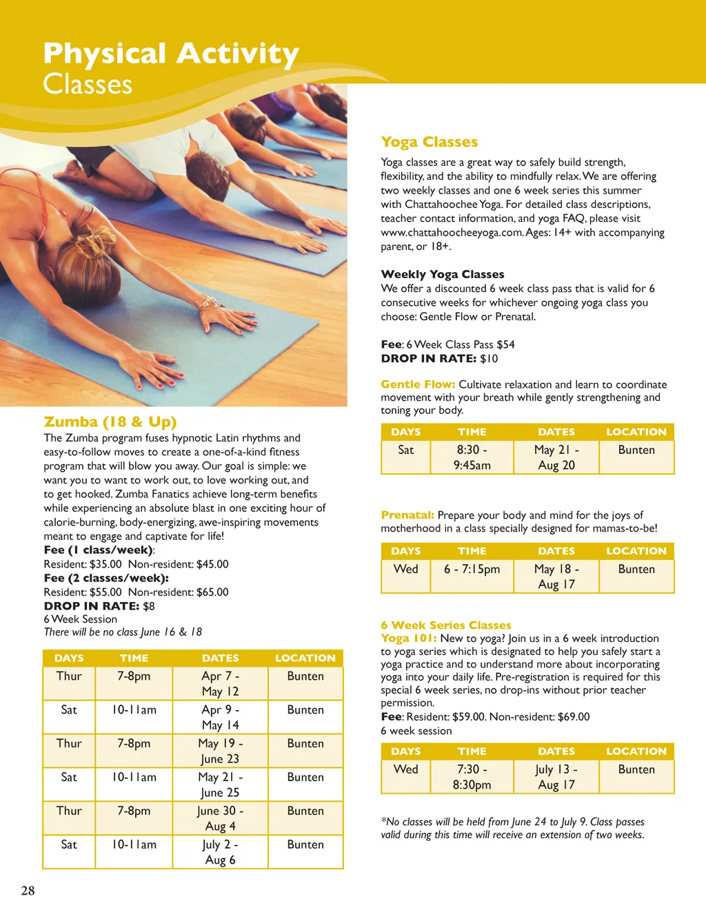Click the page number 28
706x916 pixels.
28,891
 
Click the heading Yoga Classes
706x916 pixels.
429,142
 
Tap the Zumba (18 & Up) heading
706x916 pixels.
110,421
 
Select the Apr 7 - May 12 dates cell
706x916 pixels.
221,684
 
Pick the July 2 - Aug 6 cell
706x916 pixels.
221,852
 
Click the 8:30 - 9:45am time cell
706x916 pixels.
472,457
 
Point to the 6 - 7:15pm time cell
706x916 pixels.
472,570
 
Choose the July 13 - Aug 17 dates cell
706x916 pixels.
556,777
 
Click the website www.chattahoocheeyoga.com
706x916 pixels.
452,233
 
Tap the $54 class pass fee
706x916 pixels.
505,344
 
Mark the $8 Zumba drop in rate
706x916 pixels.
148,606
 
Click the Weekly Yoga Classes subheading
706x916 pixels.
443,274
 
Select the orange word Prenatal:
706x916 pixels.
407,515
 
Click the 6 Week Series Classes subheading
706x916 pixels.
446,625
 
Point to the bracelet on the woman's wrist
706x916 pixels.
207,304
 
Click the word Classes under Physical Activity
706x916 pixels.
88,85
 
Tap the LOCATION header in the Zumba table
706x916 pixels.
305,658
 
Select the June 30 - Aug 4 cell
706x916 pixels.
221,818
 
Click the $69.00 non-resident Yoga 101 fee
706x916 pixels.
574,717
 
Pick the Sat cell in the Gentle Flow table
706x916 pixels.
406,450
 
